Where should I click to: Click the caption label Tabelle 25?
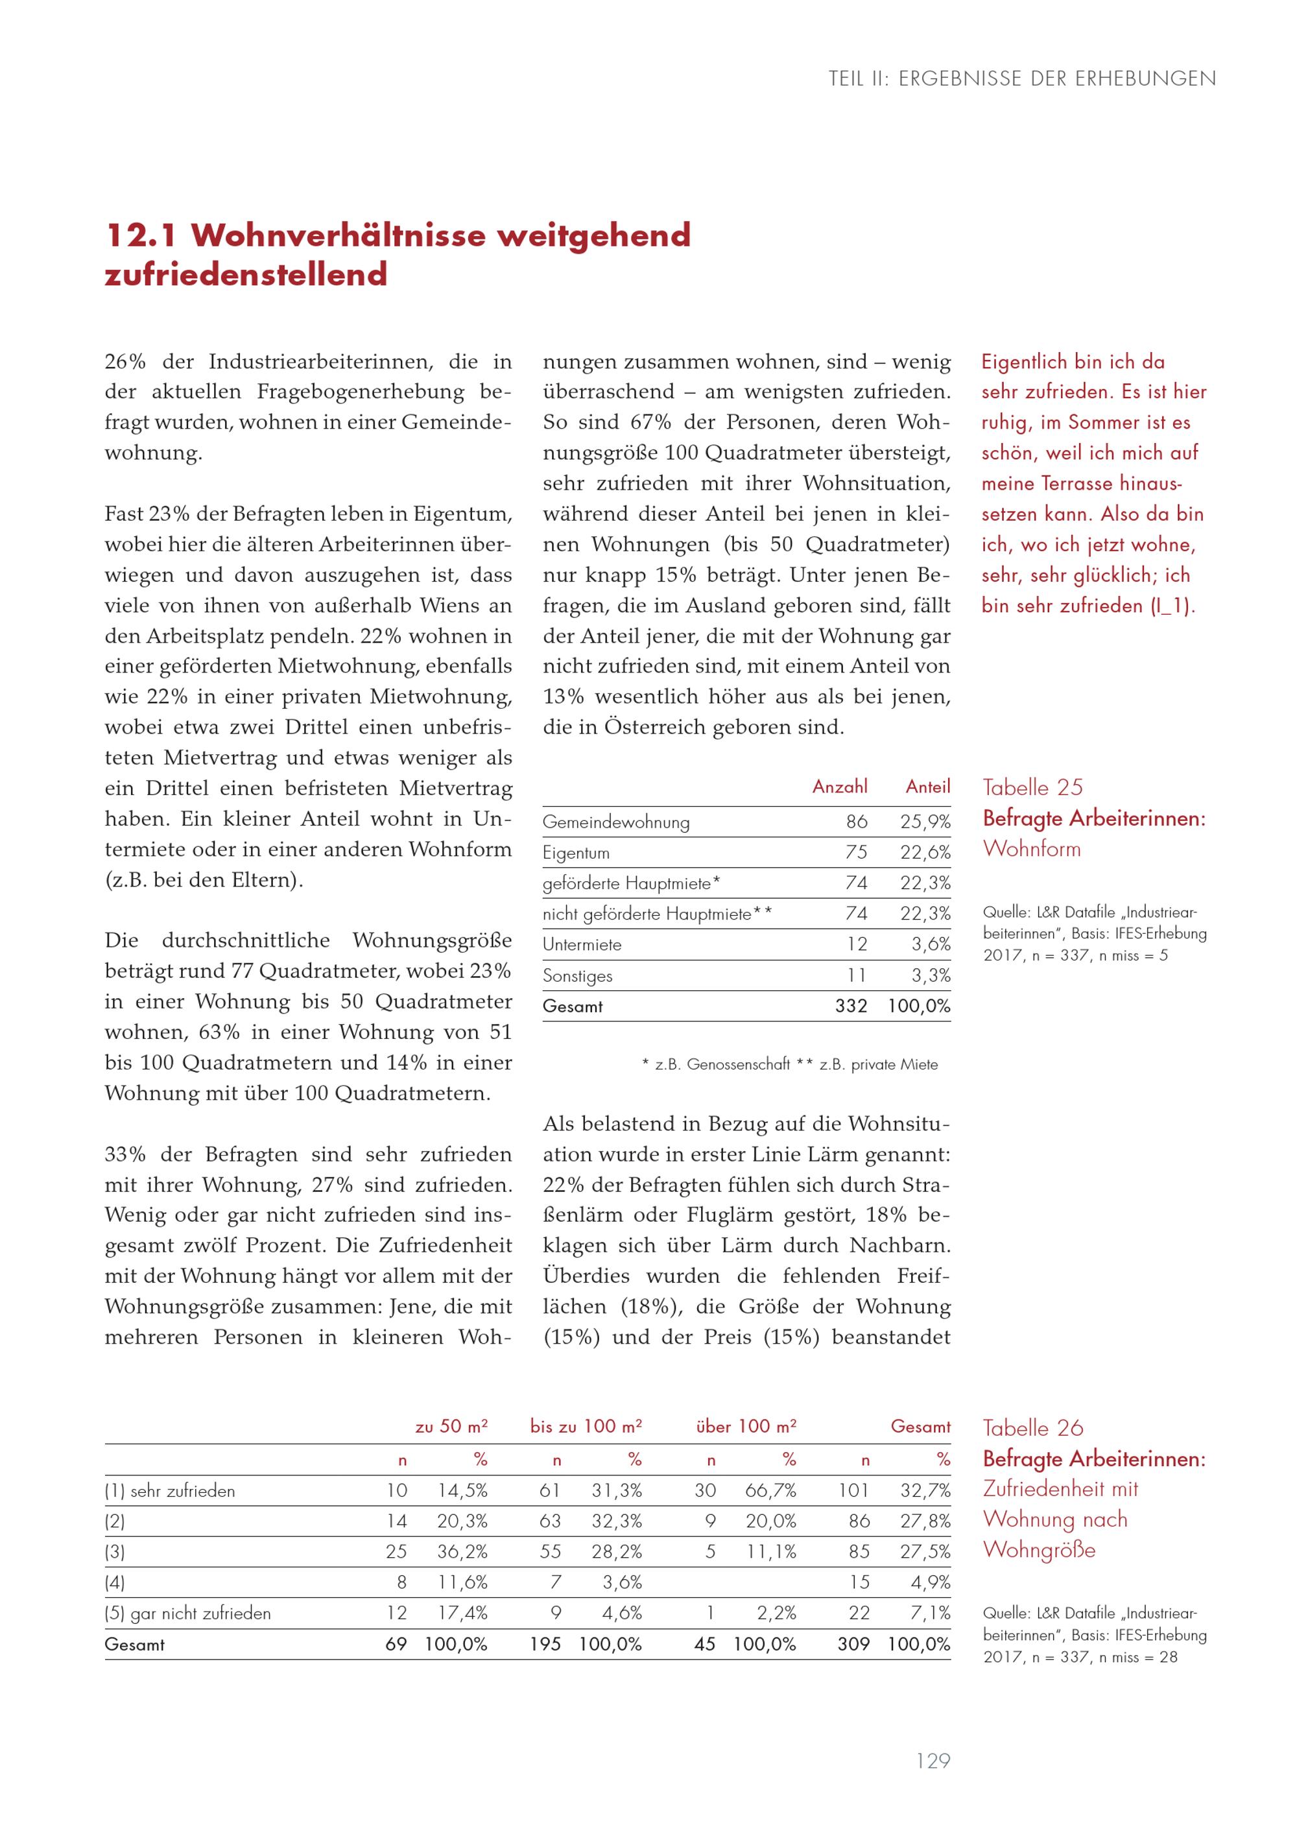pyautogui.click(x=1032, y=787)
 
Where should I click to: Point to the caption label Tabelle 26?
pyautogui.click(x=1032, y=1428)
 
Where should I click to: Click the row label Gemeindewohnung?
pyautogui.click(x=616, y=822)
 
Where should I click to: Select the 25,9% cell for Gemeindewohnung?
pyautogui.click(x=925, y=822)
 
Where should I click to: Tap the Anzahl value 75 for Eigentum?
pyautogui.click(x=856, y=852)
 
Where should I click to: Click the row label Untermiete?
pyautogui.click(x=582, y=944)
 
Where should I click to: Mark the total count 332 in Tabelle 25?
pyautogui.click(x=851, y=1006)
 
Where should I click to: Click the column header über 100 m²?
pyautogui.click(x=746, y=1427)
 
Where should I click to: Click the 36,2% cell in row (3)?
pyautogui.click(x=462, y=1552)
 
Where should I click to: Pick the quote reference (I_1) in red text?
pyautogui.click(x=1172, y=606)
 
